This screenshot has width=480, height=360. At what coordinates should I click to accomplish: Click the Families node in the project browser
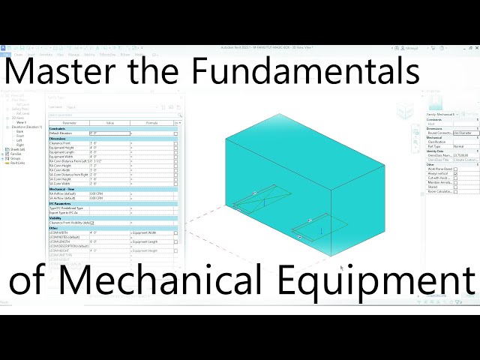pos(16,154)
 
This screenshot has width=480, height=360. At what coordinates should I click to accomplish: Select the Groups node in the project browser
pos(15,158)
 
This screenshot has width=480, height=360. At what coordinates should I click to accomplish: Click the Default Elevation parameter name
pos(64,133)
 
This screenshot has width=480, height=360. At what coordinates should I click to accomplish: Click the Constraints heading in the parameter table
pos(58,128)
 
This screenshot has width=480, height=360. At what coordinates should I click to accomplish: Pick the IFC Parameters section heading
pos(61,202)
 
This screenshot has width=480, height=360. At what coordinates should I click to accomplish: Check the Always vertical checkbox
pos(455,175)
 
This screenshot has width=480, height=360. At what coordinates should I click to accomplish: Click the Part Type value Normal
pos(458,146)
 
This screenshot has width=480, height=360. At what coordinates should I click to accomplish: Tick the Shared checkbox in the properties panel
pos(455,187)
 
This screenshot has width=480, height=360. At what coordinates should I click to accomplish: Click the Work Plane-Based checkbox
pos(455,169)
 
